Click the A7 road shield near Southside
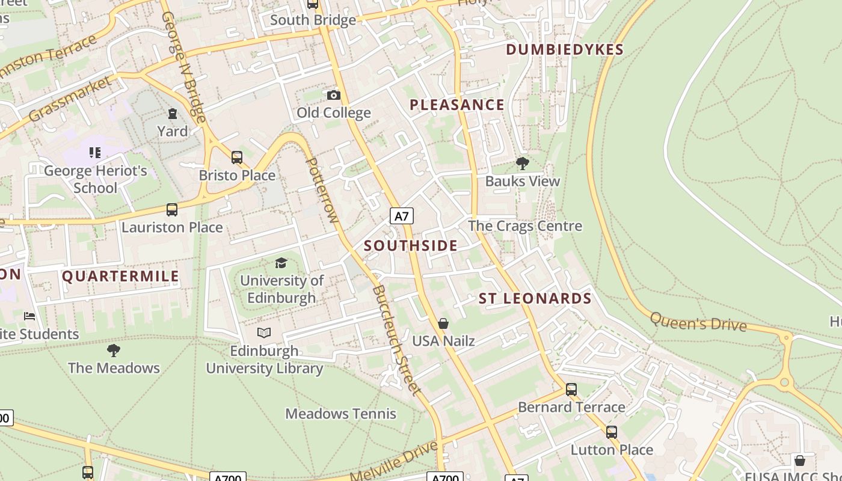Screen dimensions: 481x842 point(402,216)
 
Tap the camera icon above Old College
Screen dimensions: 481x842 point(333,95)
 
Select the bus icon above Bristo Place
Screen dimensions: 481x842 point(237,158)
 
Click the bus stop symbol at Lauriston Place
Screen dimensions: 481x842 point(172,210)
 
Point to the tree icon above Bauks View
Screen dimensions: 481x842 point(522,163)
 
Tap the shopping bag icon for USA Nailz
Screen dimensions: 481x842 point(443,323)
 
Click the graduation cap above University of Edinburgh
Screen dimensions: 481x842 point(281,263)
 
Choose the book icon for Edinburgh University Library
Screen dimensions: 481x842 point(264,332)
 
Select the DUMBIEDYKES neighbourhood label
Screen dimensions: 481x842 point(565,49)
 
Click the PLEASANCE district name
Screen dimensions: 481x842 point(457,105)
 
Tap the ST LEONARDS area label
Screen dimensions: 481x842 point(535,298)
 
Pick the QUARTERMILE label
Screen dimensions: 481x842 point(121,276)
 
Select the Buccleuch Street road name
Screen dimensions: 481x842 point(396,340)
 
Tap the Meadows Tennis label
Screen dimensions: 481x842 point(340,414)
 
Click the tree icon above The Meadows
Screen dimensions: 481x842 point(113,350)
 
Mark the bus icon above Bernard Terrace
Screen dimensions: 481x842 point(571,390)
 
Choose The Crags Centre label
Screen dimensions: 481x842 point(525,226)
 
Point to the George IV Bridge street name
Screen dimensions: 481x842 point(183,66)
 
